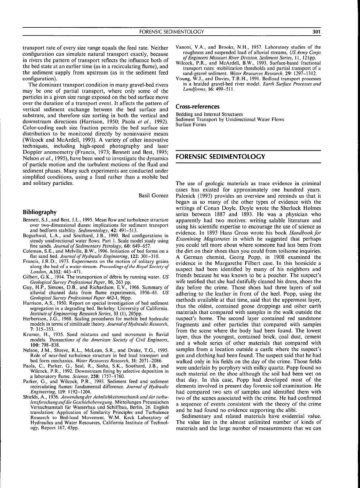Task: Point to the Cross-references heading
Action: point(198,107)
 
